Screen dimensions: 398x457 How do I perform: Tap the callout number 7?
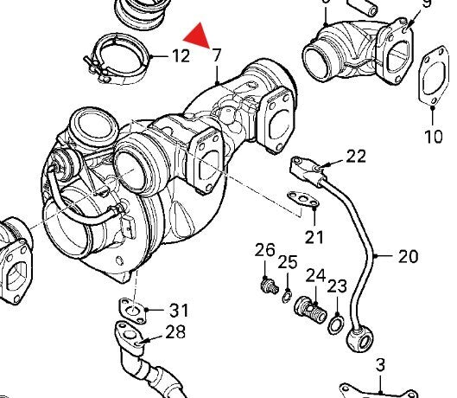(216, 56)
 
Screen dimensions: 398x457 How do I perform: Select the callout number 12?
(180, 57)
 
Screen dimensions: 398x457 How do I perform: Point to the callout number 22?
(356, 157)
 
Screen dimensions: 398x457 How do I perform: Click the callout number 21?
(313, 236)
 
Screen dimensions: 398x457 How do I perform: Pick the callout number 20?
(407, 256)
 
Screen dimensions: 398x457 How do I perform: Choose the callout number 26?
(264, 251)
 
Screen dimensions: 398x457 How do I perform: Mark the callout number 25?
(288, 262)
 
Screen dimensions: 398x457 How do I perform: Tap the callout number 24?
(315, 276)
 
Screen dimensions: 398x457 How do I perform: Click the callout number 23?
(337, 286)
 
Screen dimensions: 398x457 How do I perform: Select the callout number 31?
(177, 311)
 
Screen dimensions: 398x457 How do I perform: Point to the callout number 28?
(175, 333)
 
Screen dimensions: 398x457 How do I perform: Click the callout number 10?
(432, 136)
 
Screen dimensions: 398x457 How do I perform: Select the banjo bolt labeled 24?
(309, 308)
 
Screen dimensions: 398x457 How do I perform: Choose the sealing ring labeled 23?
(333, 324)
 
